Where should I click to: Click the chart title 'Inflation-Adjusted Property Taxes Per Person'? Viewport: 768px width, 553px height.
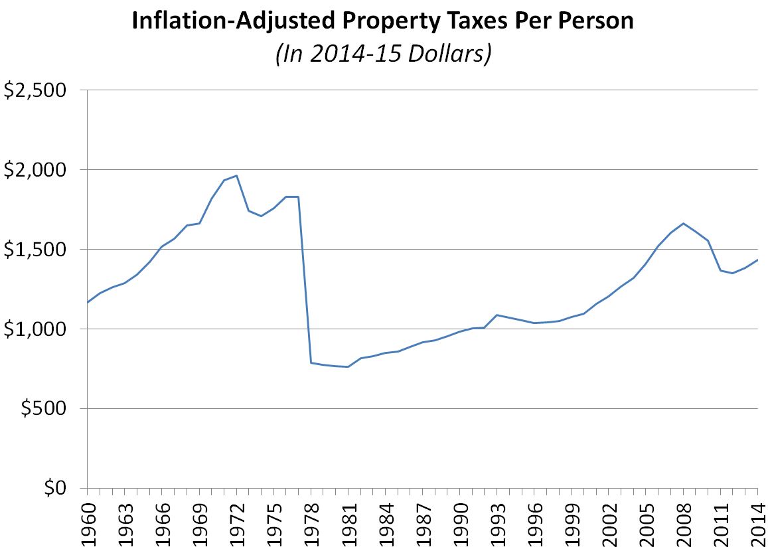coord(383,21)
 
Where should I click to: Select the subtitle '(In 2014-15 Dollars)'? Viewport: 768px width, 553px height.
coord(383,52)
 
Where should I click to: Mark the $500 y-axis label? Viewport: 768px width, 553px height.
coord(44,410)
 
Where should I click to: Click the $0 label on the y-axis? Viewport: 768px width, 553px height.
coord(56,489)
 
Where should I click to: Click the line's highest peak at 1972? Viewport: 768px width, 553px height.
coord(236,176)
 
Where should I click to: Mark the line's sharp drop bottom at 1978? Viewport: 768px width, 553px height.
coord(311,362)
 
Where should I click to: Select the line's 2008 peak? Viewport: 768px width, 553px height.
coord(683,223)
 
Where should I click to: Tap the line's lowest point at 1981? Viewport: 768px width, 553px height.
coord(348,366)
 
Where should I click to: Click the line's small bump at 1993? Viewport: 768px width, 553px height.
coord(497,315)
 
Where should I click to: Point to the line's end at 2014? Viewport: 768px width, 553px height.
coord(757,260)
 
